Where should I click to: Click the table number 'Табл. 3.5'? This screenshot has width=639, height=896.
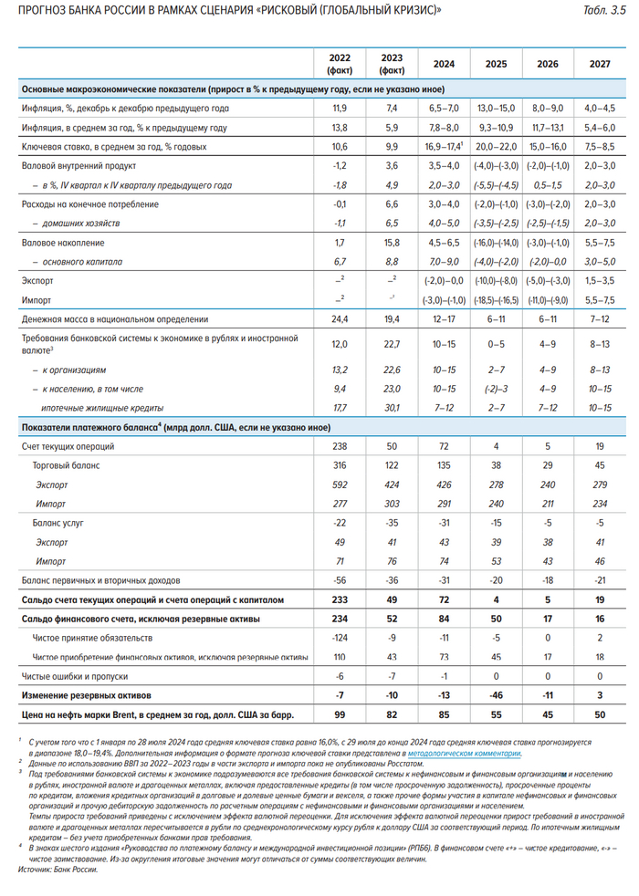point(605,10)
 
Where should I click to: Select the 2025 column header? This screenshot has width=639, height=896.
point(497,65)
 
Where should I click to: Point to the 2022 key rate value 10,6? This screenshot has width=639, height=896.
point(339,147)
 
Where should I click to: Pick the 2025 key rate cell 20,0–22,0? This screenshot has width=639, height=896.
point(497,147)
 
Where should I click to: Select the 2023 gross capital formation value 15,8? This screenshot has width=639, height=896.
point(392,244)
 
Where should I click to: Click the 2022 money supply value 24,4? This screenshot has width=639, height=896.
point(339,320)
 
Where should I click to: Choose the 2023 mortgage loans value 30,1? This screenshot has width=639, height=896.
point(392,408)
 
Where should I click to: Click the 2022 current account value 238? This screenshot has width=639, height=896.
point(339,447)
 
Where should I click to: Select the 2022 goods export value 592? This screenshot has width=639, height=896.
point(339,484)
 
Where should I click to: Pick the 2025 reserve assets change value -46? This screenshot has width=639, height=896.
point(497,695)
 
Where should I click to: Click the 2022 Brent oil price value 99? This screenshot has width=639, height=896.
point(339,714)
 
